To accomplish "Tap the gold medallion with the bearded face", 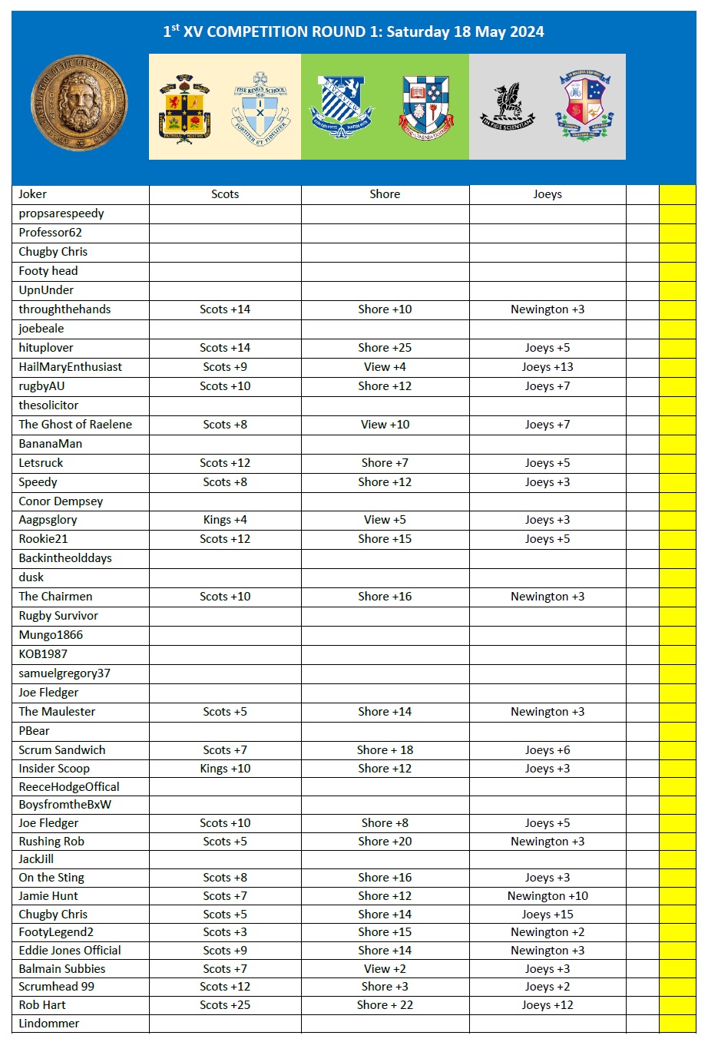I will [79, 103].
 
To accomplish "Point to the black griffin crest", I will [508, 107].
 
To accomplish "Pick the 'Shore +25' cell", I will [385, 348].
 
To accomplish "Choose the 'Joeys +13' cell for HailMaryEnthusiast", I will [548, 367].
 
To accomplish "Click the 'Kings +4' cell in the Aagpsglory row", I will [225, 520].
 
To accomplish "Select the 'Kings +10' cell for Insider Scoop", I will [225, 769].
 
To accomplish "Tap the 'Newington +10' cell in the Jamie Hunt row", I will [548, 896].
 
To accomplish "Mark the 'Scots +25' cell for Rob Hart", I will [225, 1005].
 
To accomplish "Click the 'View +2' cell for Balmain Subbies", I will [385, 969].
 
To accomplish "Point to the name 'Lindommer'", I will [49, 1024].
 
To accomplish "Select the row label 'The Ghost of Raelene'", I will [75, 425].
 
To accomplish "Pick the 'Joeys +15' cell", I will [548, 915].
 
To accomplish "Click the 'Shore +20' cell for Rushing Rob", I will [385, 842].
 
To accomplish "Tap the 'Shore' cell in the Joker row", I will [385, 194].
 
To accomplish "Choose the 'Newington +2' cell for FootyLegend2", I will [548, 932].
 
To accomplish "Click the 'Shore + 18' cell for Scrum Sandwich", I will [385, 750].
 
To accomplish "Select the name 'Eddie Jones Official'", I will [70, 951].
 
